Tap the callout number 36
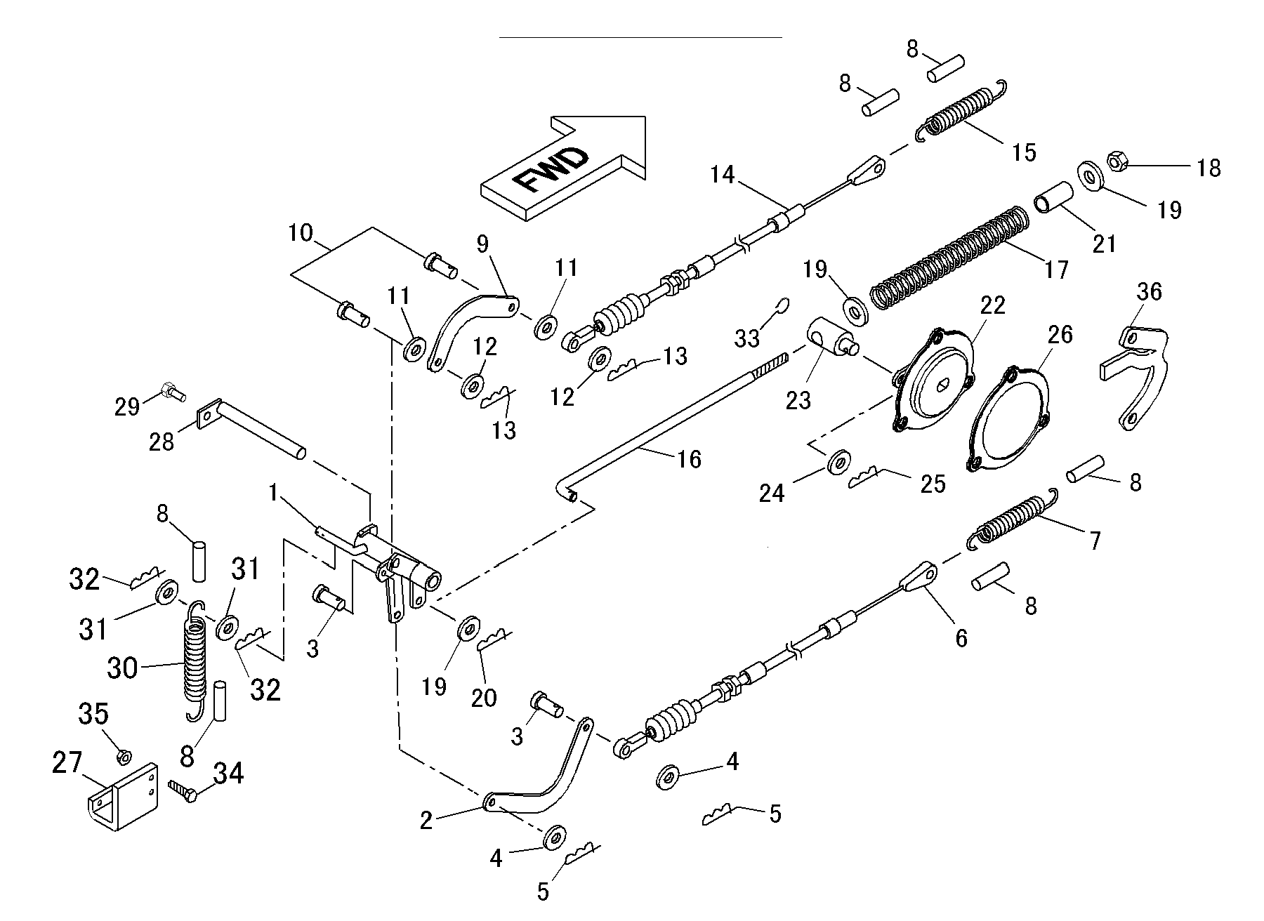click(1149, 291)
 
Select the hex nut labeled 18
click(1114, 161)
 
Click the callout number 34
click(228, 775)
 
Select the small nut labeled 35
click(124, 756)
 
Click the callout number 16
click(689, 459)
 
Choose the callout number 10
click(301, 232)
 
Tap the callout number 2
click(426, 821)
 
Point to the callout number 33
click(747, 338)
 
